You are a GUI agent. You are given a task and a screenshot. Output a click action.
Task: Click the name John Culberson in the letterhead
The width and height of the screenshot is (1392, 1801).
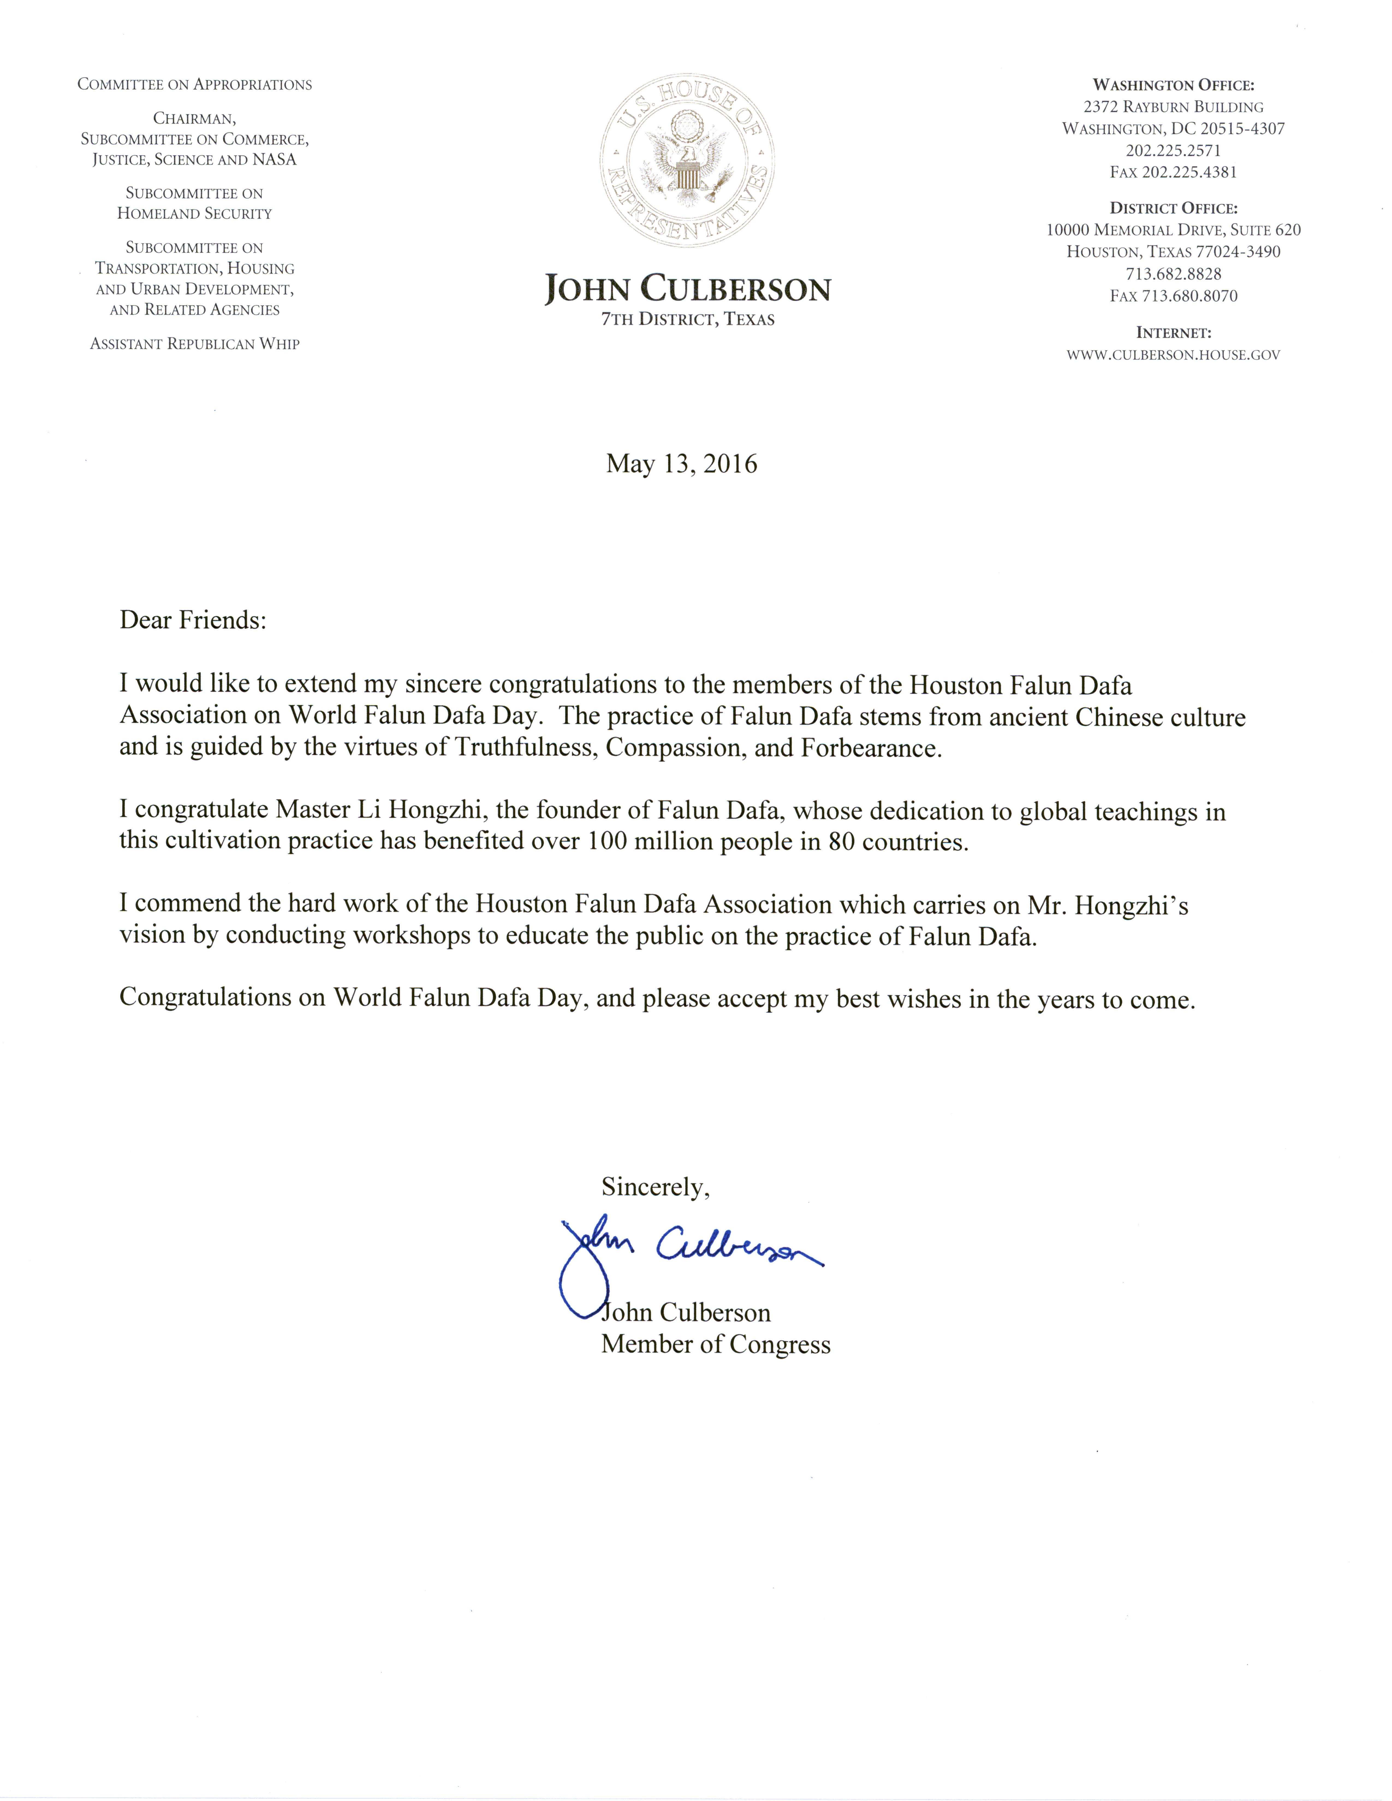coord(687,290)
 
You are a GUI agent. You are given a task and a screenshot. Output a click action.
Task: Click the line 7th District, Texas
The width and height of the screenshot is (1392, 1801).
coord(687,320)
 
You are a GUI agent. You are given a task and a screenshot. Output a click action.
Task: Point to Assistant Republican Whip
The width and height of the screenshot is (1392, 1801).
coord(195,344)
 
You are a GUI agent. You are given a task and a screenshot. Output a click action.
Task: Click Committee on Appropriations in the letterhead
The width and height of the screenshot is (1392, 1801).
coord(195,85)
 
